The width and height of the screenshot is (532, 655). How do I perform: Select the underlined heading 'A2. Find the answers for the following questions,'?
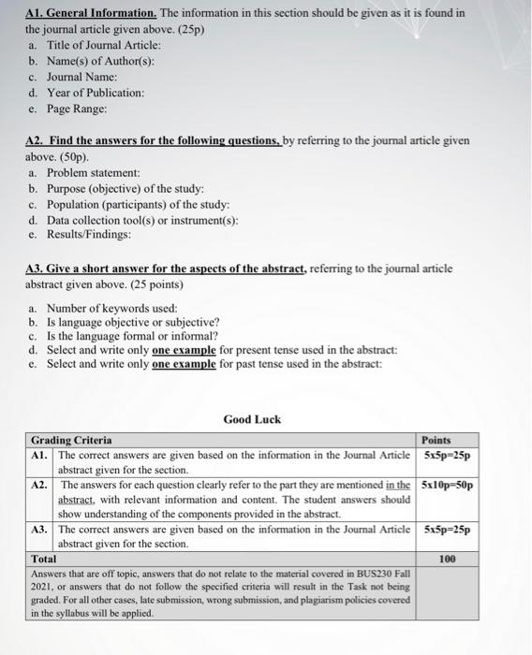[141, 140]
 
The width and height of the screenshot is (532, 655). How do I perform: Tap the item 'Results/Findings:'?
[89, 236]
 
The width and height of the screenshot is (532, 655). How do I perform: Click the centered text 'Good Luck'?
[253, 419]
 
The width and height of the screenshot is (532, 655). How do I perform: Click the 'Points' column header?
[436, 440]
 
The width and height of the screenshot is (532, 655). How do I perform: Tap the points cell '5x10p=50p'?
[448, 486]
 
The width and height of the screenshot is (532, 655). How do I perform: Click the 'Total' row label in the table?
[44, 559]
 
